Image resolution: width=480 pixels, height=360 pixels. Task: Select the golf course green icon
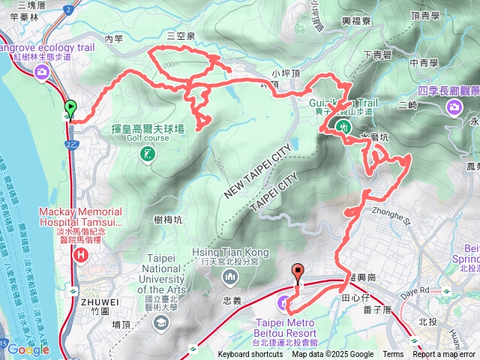coord(147,154)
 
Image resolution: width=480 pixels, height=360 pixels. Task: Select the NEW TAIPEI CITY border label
coord(256,170)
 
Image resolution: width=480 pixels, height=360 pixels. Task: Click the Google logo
coord(28,349)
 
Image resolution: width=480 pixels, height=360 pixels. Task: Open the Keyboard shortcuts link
coord(250,355)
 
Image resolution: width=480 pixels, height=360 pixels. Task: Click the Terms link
coord(393,355)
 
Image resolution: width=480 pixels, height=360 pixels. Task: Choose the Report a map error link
coord(444,355)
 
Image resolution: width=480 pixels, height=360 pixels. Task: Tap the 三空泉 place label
coord(181,35)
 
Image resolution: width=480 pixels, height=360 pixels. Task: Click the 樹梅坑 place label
coord(167,219)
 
